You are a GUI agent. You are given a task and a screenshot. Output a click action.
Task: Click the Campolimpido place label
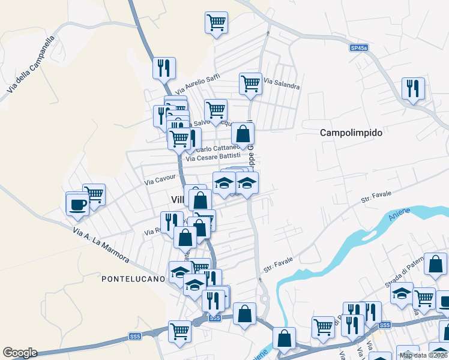point(351,133)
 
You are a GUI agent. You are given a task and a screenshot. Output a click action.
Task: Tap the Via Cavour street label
point(160,178)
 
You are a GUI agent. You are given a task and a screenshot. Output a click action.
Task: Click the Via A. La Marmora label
point(100,244)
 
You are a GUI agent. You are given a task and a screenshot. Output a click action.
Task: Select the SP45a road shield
point(358,47)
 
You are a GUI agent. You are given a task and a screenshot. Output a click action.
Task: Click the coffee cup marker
point(77,203)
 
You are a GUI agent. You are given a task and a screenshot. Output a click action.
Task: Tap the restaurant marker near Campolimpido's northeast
point(413,88)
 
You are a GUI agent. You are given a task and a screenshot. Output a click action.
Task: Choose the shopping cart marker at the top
point(216,22)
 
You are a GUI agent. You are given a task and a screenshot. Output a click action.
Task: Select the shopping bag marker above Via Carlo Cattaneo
point(242,133)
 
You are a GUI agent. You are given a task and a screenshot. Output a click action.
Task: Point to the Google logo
point(20,353)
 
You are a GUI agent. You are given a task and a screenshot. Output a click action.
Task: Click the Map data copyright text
point(423,355)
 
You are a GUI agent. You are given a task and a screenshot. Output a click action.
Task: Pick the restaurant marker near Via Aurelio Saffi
point(164,67)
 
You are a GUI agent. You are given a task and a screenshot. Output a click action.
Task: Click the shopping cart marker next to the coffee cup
point(94,194)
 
